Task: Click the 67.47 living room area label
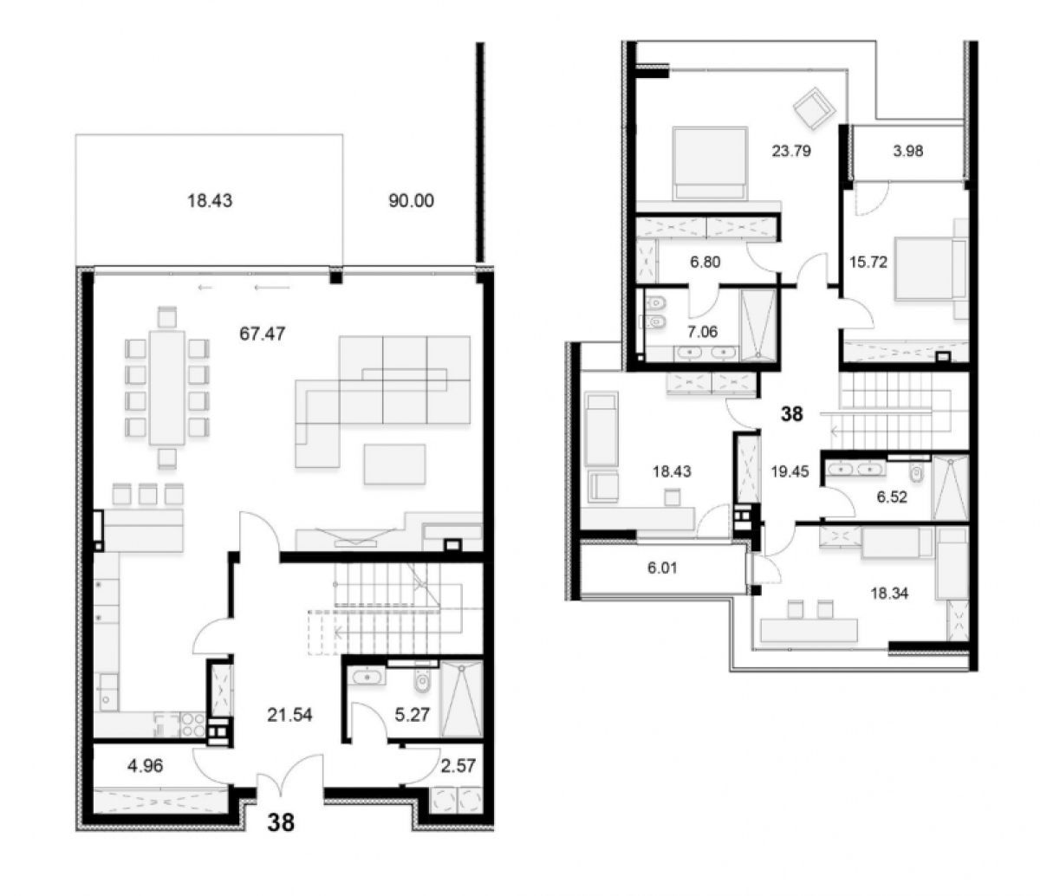point(262,334)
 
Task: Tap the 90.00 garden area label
point(411,201)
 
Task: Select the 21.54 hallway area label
point(289,715)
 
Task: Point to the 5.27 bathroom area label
point(412,715)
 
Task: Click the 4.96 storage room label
point(146,766)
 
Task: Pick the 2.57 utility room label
point(458,766)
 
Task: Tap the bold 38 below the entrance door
point(281,823)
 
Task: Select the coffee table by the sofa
point(395,464)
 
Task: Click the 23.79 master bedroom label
point(791,151)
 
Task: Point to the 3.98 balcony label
point(908,151)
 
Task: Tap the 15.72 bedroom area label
point(868,262)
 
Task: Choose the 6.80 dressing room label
point(705,262)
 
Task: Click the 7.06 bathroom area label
point(702,332)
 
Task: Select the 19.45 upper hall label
point(790,471)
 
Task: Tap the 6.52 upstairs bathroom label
point(892,497)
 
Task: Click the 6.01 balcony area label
point(662,568)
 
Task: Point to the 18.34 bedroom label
point(889,594)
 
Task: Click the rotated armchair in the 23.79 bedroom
point(814,109)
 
